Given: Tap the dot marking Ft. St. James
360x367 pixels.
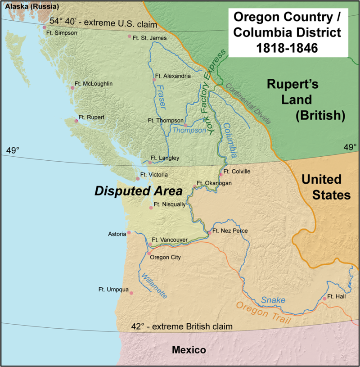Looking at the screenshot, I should pos(130,36).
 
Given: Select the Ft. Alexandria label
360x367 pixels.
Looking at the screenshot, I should pos(172,76).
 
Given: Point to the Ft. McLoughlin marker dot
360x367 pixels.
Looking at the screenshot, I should pos(72,88).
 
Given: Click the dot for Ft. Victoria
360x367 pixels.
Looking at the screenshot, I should pos(138,178).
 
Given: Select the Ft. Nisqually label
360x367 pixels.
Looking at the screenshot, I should pos(169,204).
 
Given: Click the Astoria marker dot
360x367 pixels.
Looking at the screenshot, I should pos(129,233).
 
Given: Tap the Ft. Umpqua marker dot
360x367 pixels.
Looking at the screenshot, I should pos(131,293).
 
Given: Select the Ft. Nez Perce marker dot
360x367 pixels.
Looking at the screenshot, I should pos(209,233).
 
